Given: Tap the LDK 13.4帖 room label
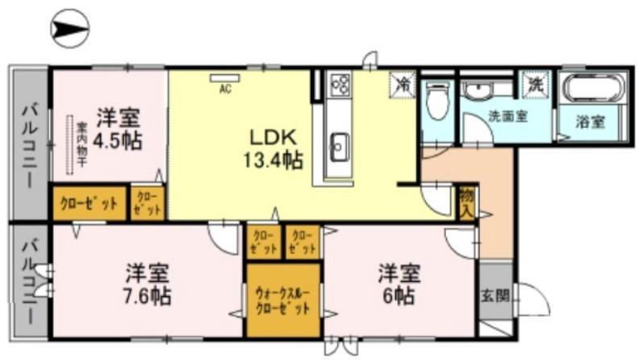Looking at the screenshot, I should (x=273, y=147).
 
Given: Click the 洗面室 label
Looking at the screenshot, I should (x=508, y=116).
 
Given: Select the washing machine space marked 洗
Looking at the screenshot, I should (x=534, y=83).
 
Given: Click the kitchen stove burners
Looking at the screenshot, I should (x=339, y=84).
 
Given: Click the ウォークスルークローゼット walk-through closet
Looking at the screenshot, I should (x=283, y=300).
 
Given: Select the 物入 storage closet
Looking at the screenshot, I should (x=466, y=202).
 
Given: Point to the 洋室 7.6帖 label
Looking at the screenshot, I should (x=147, y=283).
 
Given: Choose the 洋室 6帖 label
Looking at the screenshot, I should (x=397, y=283).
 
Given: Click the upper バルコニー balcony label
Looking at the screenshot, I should (x=29, y=145).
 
